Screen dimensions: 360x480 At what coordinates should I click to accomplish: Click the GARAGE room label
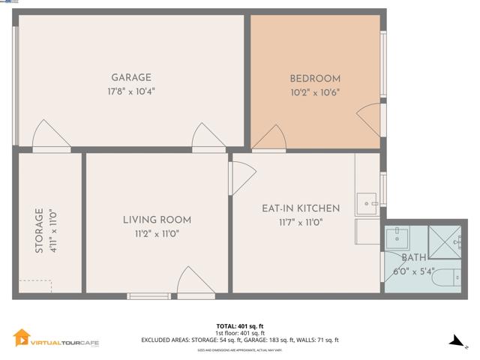pos(131,77)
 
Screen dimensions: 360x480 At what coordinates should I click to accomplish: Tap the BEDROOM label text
pos(315,79)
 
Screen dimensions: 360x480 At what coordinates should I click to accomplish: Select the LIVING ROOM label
pos(157,220)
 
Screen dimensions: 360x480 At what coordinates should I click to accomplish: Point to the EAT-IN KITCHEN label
pos(301,208)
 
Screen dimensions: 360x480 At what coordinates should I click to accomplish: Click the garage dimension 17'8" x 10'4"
pos(132,91)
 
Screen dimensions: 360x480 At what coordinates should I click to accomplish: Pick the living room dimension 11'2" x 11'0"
pos(157,233)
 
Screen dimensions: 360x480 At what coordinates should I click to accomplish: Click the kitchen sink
pos(367,202)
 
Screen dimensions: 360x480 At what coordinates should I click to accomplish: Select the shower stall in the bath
pos(442,240)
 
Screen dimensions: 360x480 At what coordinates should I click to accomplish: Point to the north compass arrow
pos(454,341)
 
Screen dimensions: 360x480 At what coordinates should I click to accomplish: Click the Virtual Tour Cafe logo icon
pos(22,339)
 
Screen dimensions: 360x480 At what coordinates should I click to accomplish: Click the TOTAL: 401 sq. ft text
pos(239,326)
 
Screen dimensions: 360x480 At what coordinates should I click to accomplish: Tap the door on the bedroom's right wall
pos(370,120)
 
